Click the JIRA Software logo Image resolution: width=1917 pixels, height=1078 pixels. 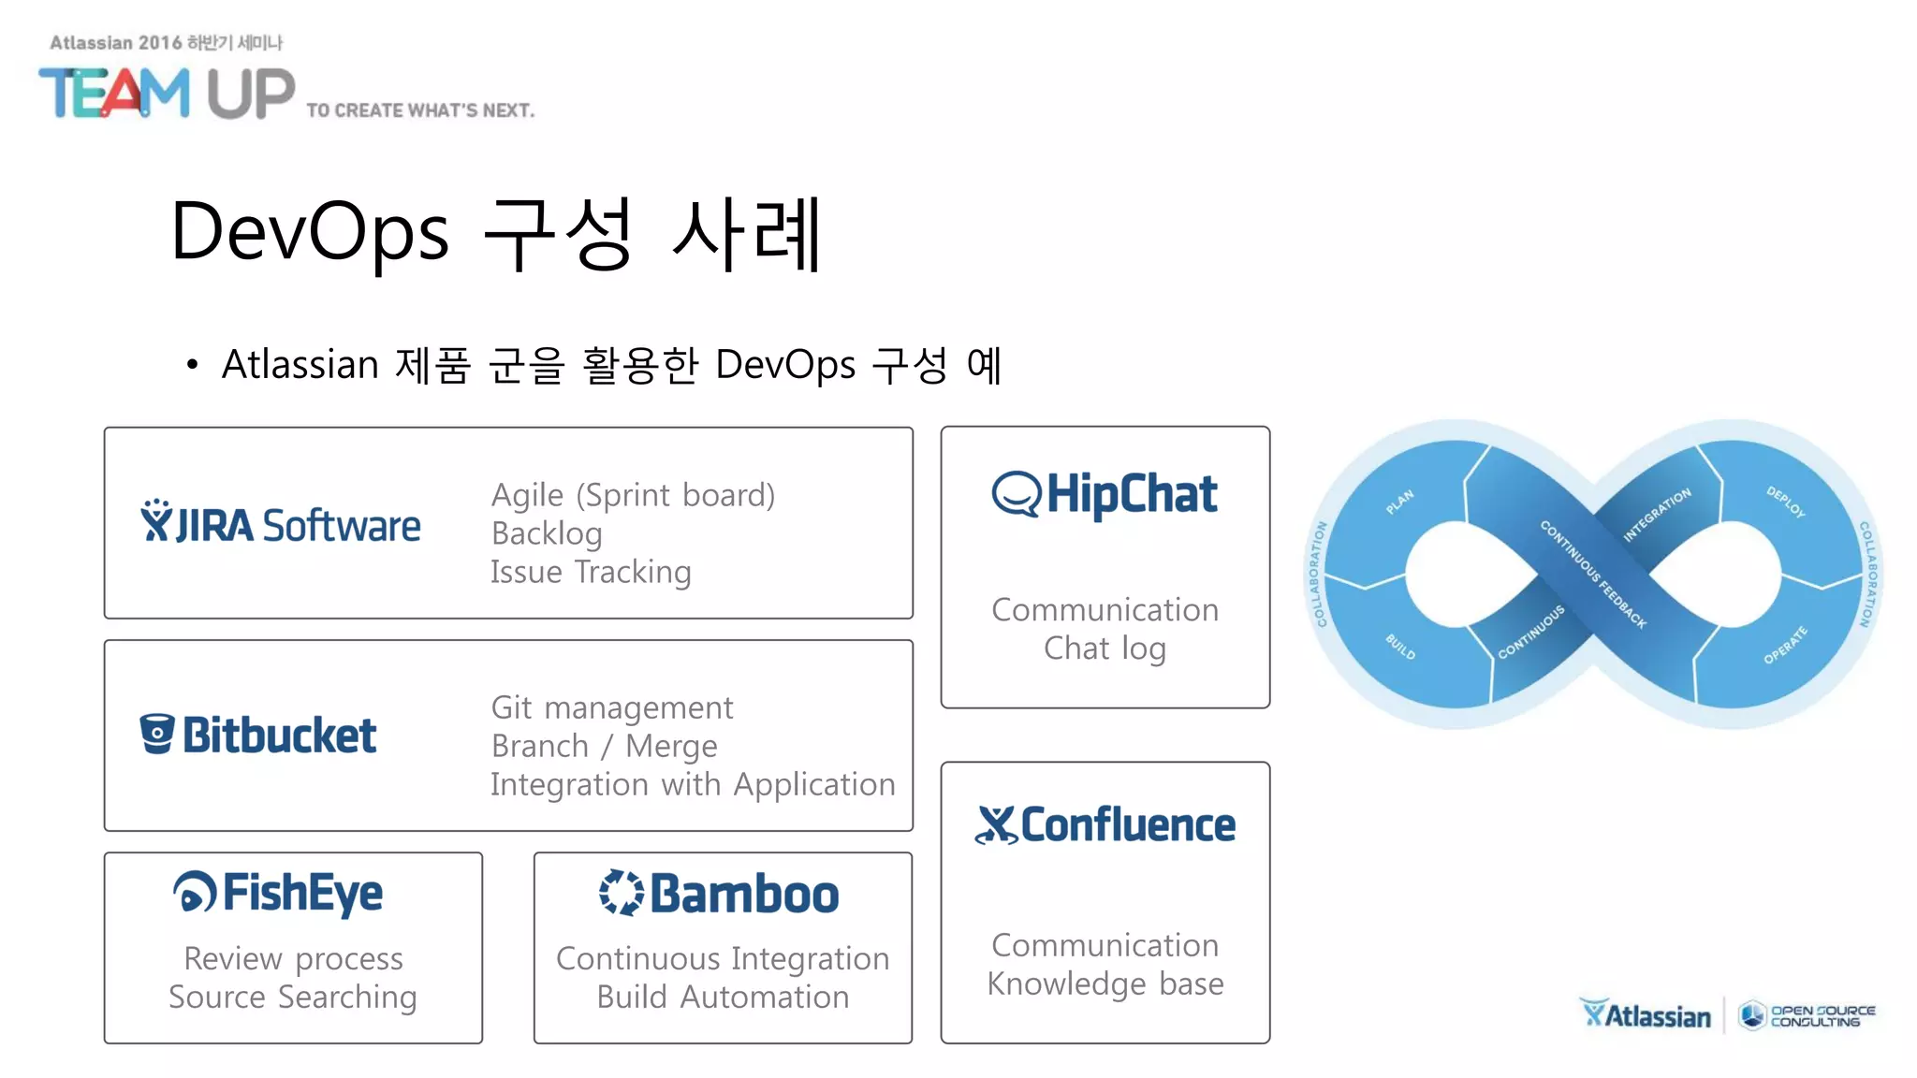(x=281, y=524)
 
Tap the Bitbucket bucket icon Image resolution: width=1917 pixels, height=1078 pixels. (x=156, y=734)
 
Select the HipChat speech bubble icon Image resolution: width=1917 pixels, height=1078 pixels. (x=1016, y=494)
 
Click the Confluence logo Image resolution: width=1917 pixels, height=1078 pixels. (x=1105, y=825)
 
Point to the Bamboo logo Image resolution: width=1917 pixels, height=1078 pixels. (x=719, y=894)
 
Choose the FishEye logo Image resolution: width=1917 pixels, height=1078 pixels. (x=278, y=893)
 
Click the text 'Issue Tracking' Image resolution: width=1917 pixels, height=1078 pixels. (x=591, y=572)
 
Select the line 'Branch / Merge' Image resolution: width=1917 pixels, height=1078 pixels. (x=604, y=746)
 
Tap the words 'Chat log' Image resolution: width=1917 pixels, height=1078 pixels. (x=1105, y=648)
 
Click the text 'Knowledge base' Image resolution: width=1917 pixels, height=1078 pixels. (x=1105, y=983)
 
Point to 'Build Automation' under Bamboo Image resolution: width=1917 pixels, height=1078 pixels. (x=723, y=998)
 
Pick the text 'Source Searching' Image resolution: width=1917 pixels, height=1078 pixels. (x=292, y=998)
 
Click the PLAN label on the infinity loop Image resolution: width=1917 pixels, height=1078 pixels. (x=1399, y=503)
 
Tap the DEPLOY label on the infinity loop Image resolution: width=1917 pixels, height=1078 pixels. (x=1785, y=502)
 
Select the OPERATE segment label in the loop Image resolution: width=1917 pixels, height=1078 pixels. (x=1785, y=646)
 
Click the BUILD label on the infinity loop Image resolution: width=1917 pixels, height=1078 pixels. (x=1400, y=647)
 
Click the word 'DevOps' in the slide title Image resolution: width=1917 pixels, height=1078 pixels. (x=310, y=232)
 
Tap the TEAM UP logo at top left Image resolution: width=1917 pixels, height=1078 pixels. (x=167, y=94)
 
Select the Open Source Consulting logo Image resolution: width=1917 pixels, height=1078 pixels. (x=1807, y=1015)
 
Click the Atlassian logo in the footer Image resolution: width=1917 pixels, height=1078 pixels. (x=1646, y=1014)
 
